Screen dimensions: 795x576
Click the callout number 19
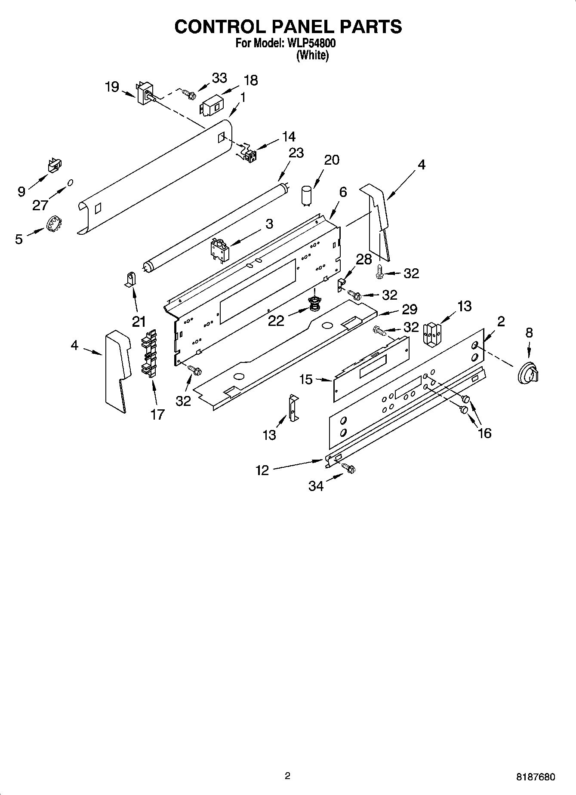point(112,87)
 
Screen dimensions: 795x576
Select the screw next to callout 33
point(188,92)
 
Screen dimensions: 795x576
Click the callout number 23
point(296,153)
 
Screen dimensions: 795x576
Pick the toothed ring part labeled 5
point(54,224)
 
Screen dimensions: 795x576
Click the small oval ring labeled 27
point(70,183)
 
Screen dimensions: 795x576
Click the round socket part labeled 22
point(315,304)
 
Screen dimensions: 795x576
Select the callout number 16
point(484,433)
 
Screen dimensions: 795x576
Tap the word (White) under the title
point(312,55)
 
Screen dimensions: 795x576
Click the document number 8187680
point(536,777)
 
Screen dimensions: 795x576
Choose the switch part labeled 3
point(219,250)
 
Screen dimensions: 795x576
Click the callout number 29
point(410,309)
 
